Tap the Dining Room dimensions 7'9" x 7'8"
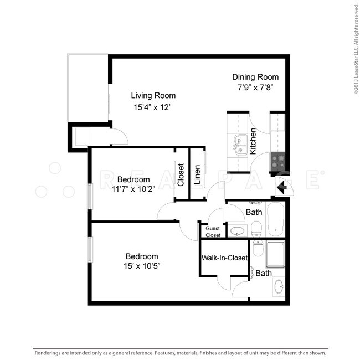pos(255,88)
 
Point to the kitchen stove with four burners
pos(278,161)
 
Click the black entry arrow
pos(281,187)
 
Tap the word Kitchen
pos(253,141)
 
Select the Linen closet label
pos(197,175)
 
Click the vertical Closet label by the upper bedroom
pos(181,175)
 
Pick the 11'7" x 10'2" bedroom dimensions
pos(133,189)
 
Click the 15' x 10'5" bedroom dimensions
pos(142,266)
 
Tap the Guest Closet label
pos(213,232)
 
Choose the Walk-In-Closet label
pos(224,258)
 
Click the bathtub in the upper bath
pos(275,219)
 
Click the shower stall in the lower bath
pos(275,254)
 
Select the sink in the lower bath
pos(279,286)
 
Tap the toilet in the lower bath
pos(258,248)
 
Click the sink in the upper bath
pos(238,230)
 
